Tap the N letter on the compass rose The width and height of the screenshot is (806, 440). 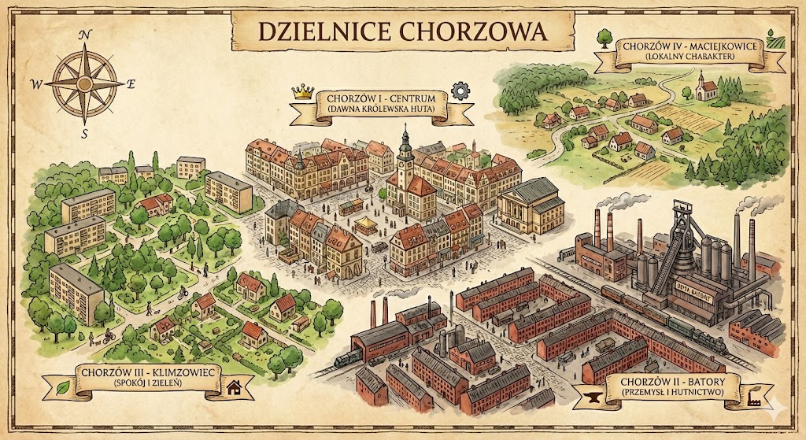pyautogui.click(x=84, y=35)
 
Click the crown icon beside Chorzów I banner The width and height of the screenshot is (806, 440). pyautogui.click(x=302, y=91)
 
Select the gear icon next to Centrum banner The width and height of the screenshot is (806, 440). pyautogui.click(x=459, y=91)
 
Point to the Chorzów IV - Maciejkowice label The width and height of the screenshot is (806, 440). pyautogui.click(x=690, y=46)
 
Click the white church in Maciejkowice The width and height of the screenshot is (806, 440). pyautogui.click(x=703, y=87)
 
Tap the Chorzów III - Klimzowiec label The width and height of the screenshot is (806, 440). pyautogui.click(x=147, y=371)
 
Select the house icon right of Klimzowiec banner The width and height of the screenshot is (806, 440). pyautogui.click(x=234, y=386)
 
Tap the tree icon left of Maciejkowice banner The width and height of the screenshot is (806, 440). pyautogui.click(x=604, y=36)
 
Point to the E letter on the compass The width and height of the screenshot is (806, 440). pyautogui.click(x=131, y=83)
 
